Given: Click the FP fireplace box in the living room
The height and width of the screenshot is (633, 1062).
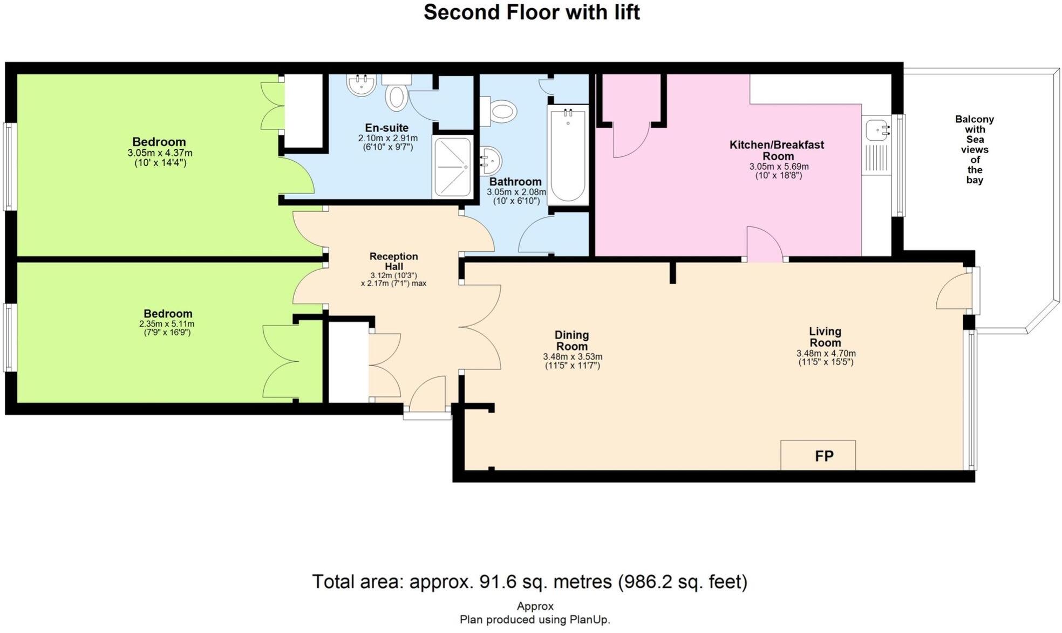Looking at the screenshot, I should [x=818, y=455].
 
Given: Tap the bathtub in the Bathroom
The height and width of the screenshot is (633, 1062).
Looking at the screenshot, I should [x=568, y=155].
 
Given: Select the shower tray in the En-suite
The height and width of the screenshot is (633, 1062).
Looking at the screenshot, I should [x=452, y=167].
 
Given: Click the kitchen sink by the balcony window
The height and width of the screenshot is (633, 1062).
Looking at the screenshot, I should [x=877, y=130].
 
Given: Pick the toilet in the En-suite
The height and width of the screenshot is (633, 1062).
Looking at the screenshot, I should [x=396, y=97].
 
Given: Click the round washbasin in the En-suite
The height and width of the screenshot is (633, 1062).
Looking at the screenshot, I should [x=361, y=85].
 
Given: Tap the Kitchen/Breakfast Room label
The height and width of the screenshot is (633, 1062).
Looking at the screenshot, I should [x=777, y=150].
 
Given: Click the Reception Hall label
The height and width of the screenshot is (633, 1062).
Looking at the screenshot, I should [x=393, y=261].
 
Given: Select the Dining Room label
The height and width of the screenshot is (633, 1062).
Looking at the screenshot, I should [x=571, y=340].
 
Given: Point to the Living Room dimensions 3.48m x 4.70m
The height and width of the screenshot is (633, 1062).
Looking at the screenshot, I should [x=826, y=354].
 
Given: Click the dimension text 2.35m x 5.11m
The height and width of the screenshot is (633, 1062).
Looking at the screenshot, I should [x=167, y=324].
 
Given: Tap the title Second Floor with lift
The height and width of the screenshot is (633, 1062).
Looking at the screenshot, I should [x=531, y=12].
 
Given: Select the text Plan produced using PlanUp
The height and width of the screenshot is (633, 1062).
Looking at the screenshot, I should [x=534, y=620].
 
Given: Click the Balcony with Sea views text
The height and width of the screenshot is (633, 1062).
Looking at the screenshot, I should [x=974, y=149].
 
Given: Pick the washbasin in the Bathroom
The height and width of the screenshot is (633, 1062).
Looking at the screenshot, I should [x=491, y=160].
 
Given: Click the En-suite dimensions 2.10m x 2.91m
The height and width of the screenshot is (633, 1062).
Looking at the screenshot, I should [x=387, y=139].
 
